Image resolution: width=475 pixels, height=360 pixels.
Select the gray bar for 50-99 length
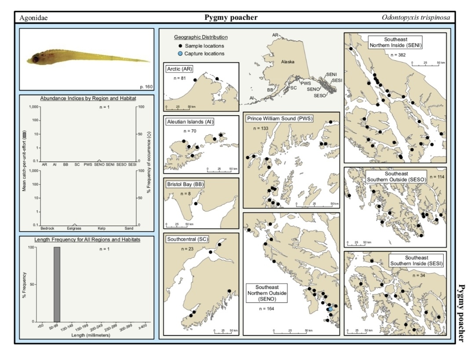[57, 284]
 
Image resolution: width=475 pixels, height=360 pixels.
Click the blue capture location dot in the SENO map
[330, 309]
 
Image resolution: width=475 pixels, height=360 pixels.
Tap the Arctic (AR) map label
[180, 69]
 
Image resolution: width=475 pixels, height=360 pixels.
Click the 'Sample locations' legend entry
[204, 46]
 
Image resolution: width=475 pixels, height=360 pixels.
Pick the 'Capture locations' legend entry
[204, 54]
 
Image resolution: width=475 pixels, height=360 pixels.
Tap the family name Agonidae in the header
[33, 18]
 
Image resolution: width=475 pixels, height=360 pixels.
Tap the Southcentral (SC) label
[187, 240]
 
